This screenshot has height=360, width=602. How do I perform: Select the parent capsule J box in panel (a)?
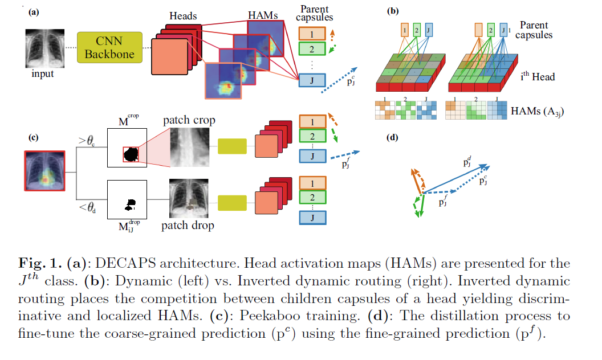tap(311, 80)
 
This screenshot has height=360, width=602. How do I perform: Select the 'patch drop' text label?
tap(188, 226)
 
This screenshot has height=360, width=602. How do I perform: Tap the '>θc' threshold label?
tap(87, 140)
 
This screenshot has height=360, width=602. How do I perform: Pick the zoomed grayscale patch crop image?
tap(189, 148)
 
